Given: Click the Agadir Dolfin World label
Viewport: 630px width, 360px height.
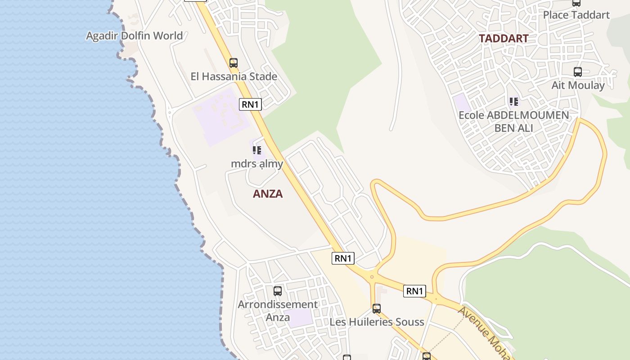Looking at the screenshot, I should [x=134, y=36].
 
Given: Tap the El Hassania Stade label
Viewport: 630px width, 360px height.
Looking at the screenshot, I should [x=234, y=76].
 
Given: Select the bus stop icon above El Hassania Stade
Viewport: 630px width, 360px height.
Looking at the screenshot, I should [x=233, y=63].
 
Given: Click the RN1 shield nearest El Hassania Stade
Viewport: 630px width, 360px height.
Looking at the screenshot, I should [x=250, y=104].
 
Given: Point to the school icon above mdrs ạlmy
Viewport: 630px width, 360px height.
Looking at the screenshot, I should [x=256, y=150].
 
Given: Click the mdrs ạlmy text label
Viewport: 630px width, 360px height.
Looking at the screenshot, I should [x=257, y=163].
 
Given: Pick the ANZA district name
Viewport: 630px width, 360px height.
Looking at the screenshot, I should [x=268, y=193].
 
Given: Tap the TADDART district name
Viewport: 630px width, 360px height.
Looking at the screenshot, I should [x=503, y=38].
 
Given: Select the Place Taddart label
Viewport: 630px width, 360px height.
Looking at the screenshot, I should [x=576, y=15].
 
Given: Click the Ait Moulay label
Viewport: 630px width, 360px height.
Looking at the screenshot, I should [x=578, y=85].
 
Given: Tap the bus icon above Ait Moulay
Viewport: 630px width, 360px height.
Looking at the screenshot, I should [x=577, y=72].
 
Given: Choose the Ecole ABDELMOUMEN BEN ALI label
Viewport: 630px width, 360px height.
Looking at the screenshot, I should [x=513, y=121].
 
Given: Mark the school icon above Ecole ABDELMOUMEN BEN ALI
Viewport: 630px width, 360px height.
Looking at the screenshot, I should [x=513, y=102].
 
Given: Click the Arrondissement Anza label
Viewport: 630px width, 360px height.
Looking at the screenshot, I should [x=278, y=310].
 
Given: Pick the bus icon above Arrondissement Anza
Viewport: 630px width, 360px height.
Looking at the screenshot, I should [x=278, y=291].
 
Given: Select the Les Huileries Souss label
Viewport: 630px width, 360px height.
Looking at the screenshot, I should [x=377, y=322].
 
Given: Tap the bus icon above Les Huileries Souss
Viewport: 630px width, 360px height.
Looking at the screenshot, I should [x=377, y=309].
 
